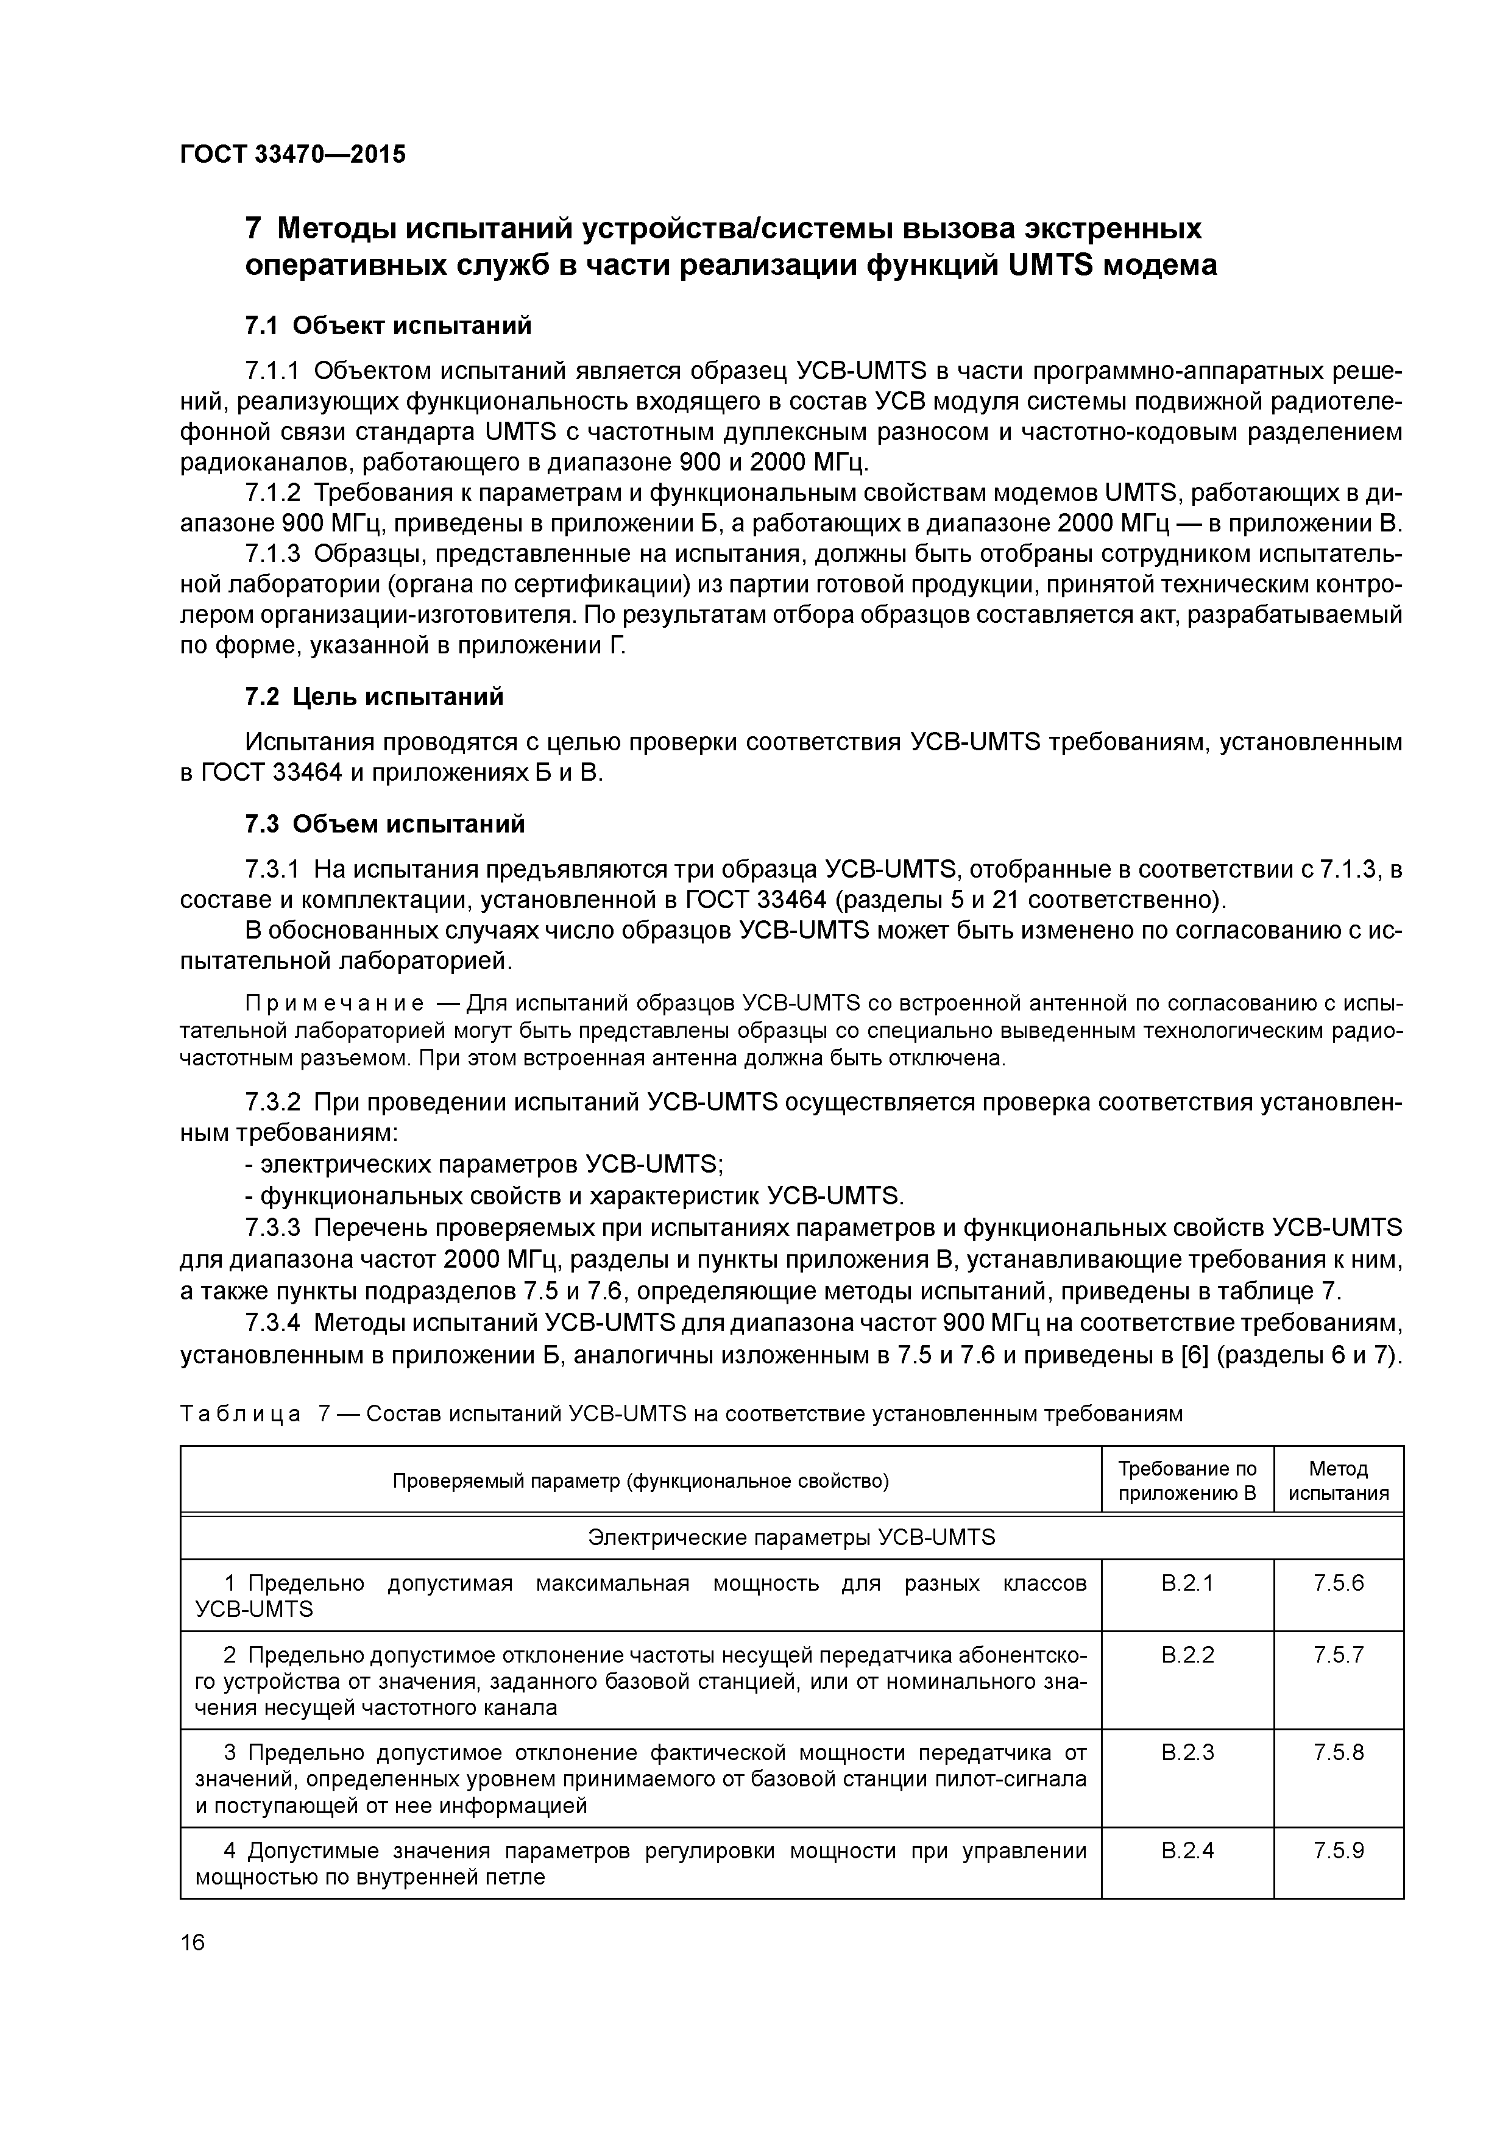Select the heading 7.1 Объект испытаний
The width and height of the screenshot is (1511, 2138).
(x=388, y=326)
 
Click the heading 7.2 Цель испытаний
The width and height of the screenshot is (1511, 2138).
(x=374, y=697)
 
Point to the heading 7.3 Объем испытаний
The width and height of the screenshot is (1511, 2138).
(x=384, y=824)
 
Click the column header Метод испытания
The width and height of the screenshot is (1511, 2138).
(x=1338, y=1480)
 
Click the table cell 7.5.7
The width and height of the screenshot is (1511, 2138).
(x=1338, y=1655)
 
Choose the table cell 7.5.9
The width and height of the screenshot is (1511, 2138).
(x=1338, y=1850)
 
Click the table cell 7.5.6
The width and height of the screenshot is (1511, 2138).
(x=1338, y=1583)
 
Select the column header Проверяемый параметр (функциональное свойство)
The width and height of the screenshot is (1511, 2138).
(x=640, y=1480)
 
